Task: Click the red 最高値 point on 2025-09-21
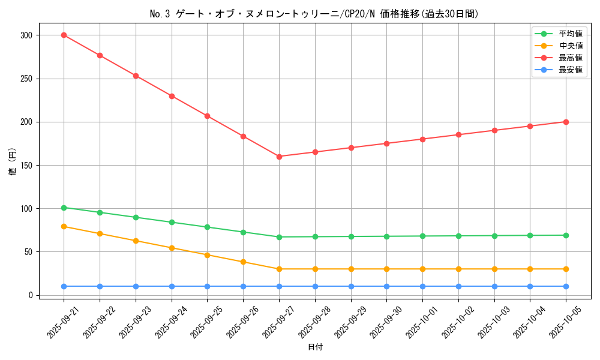coord(64,35)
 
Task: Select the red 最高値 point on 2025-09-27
coord(279,157)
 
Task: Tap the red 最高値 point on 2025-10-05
coord(566,122)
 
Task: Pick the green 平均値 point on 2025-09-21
coord(64,208)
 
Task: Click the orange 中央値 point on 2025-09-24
coord(172,248)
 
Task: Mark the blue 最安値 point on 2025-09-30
coord(386,286)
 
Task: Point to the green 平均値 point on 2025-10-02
coord(458,236)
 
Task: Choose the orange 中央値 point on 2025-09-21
coord(64,227)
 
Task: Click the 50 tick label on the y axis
coord(29,252)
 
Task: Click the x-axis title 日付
coord(315,347)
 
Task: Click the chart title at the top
coord(314,14)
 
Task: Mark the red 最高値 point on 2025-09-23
coord(136,76)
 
